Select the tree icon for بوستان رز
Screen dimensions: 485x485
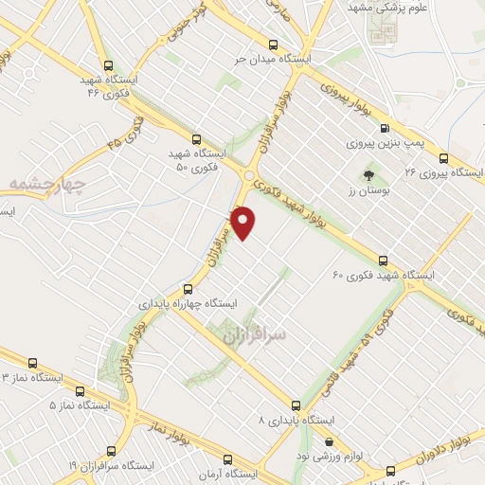[368, 175]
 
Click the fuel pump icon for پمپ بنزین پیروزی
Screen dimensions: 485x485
[383, 129]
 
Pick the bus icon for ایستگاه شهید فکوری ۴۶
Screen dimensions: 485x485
[107, 66]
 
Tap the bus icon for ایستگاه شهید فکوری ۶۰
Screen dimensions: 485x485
[383, 260]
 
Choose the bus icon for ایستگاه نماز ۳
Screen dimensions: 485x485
[33, 362]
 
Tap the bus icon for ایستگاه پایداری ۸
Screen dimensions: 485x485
[296, 404]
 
